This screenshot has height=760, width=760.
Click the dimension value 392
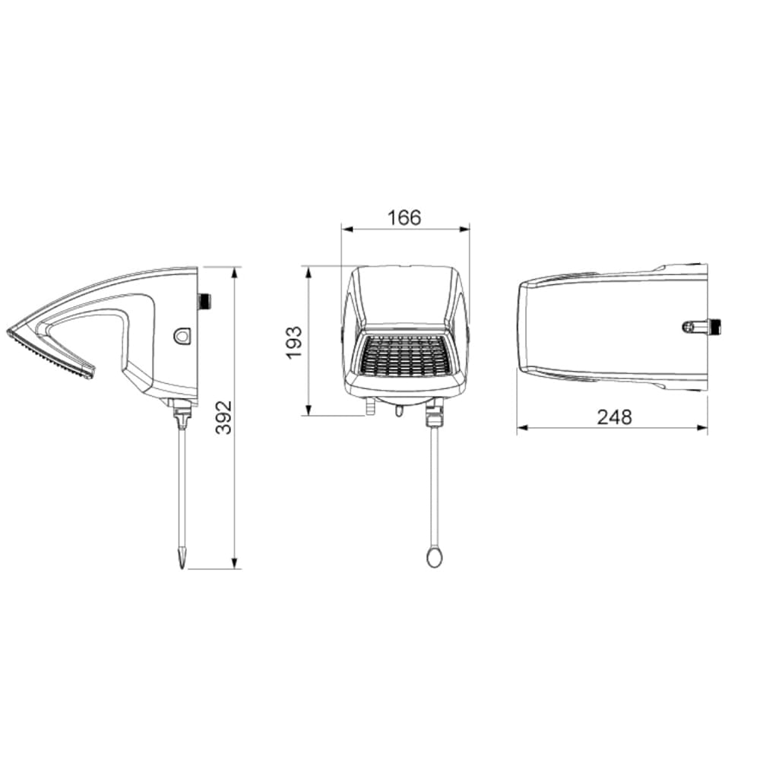[223, 417]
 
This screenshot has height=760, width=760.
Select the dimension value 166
[404, 218]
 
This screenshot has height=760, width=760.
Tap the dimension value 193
[294, 343]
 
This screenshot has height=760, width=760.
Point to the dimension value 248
[614, 416]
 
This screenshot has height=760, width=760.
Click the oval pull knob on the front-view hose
[434, 556]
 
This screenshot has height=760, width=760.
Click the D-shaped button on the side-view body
[182, 335]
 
